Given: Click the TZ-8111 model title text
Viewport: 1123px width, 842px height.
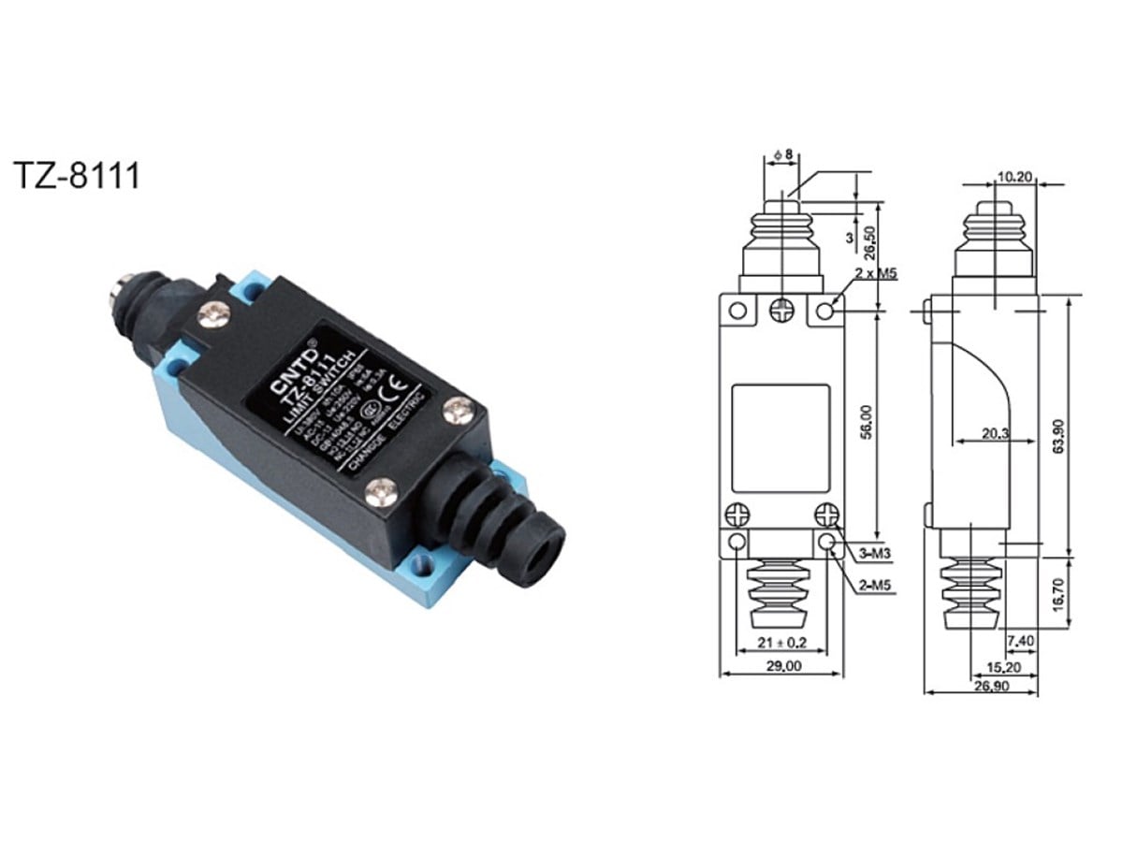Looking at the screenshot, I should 77,175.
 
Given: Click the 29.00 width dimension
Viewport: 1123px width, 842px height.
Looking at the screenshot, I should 783,666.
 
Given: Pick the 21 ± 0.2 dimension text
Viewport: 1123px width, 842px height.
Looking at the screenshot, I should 781,643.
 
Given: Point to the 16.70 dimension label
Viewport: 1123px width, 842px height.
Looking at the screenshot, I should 1058,595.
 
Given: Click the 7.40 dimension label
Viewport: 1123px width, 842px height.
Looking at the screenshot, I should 1021,642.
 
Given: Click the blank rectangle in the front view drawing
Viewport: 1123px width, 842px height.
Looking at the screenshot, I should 781,437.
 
